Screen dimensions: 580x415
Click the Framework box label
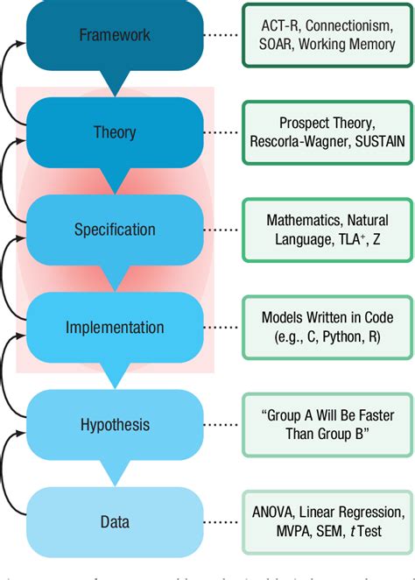pos(115,35)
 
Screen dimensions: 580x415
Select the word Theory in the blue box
pos(115,132)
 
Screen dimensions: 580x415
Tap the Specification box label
pos(115,230)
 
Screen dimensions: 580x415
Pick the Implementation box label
pos(115,328)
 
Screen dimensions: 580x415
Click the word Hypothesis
pos(115,425)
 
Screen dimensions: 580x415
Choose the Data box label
pos(115,522)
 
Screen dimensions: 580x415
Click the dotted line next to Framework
pos(223,36)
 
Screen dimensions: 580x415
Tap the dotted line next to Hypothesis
pos(223,426)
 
